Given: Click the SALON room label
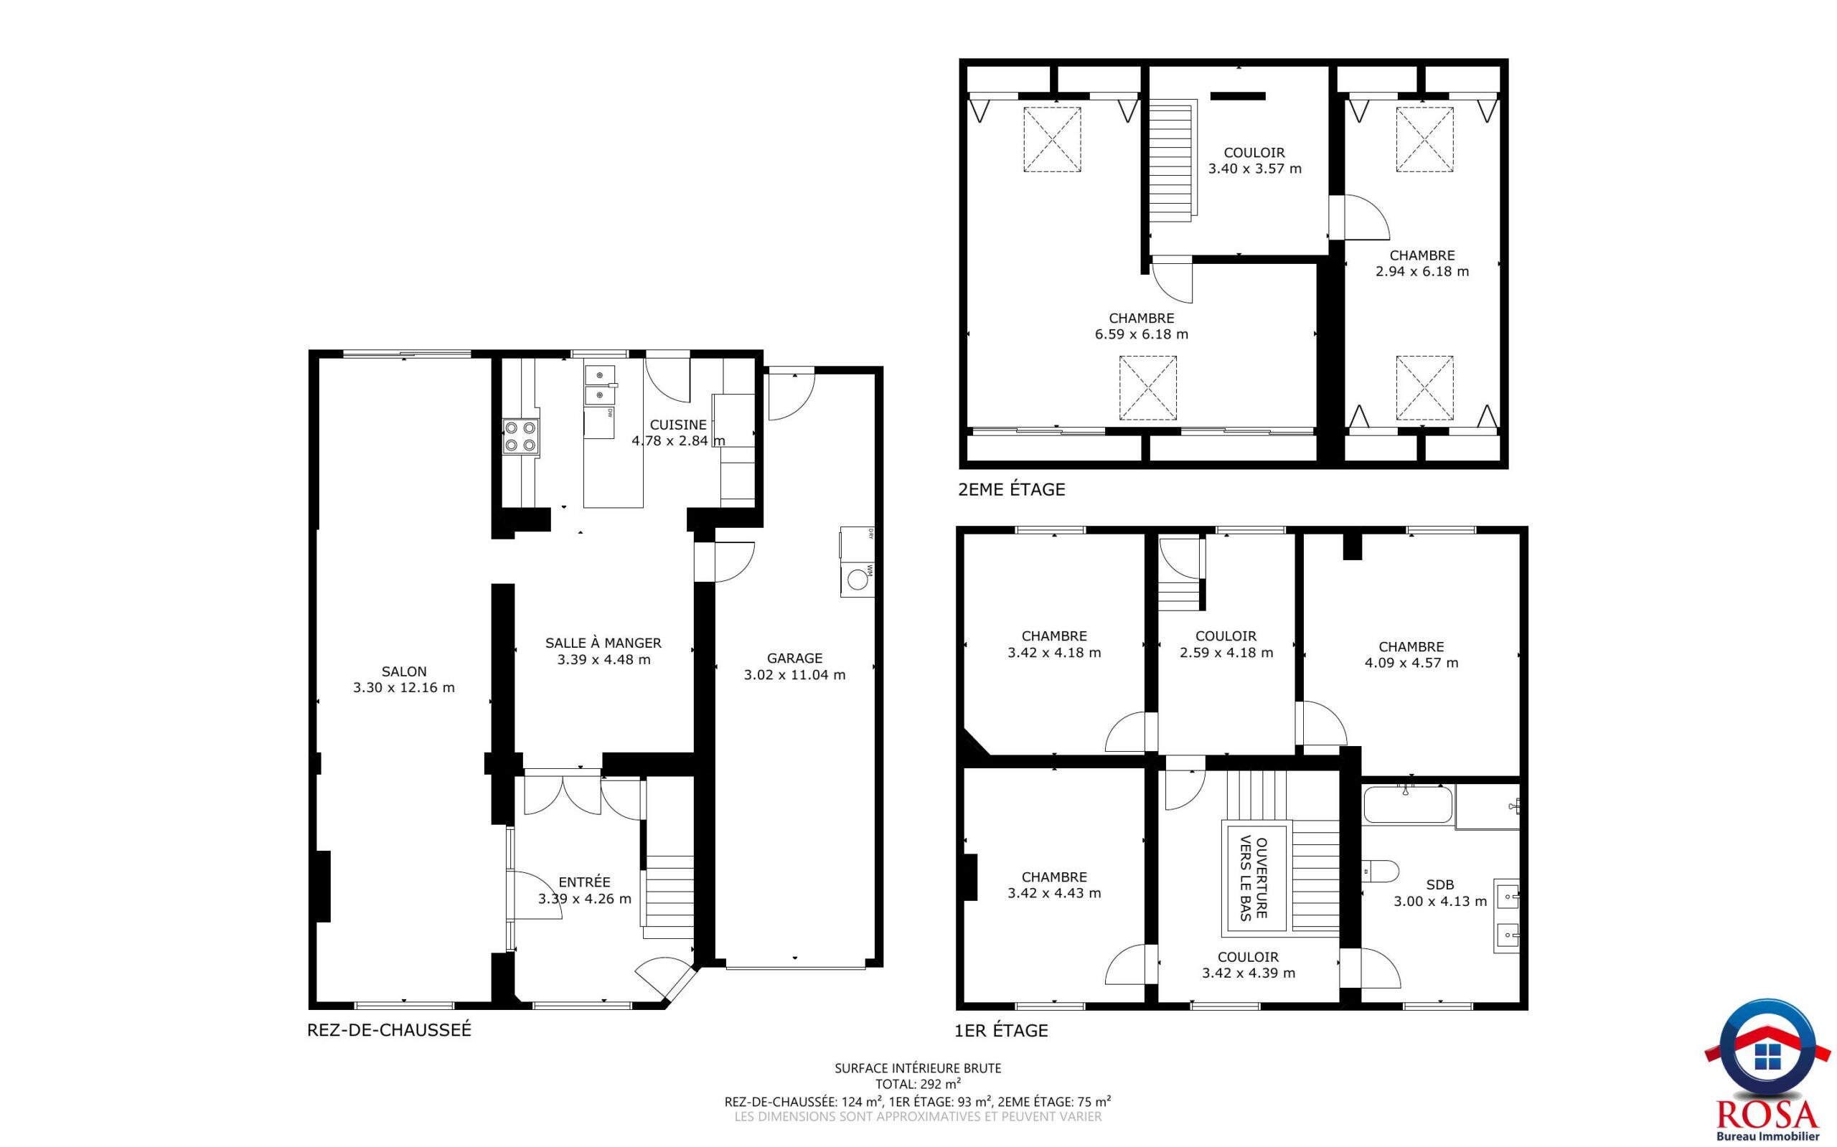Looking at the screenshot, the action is point(404,671).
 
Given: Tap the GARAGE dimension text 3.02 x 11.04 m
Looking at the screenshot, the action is point(794,675).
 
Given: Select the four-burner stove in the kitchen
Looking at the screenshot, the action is point(520,437).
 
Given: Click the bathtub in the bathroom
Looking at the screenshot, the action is point(1409,806).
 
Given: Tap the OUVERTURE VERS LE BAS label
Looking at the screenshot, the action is point(1254,879).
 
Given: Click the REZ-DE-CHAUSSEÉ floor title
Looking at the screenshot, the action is point(389,1030).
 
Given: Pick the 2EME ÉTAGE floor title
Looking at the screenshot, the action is point(1012,489).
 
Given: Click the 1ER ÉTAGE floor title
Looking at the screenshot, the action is point(1002,1030).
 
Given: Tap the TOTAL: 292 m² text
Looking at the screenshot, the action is point(918,1084).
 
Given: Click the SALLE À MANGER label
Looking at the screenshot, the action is point(603,643).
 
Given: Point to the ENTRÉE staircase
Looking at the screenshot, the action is point(668,898).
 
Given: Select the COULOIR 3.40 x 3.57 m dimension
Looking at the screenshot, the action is point(1254,169).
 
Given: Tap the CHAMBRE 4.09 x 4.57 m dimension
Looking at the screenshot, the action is point(1411,663).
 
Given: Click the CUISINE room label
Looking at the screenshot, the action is point(678,425).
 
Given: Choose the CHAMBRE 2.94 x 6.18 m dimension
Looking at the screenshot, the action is point(1422,272).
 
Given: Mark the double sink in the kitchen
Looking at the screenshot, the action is point(600,384).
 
